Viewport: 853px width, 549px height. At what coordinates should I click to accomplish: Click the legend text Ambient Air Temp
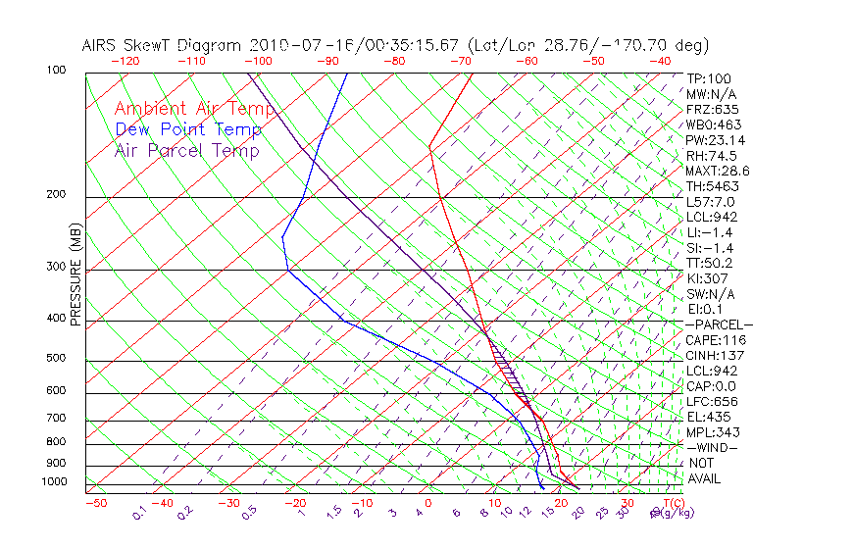pos(194,109)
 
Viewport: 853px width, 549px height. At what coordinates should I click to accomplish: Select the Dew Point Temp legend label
pos(188,129)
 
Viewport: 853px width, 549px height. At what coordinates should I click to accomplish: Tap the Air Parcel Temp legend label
pos(186,150)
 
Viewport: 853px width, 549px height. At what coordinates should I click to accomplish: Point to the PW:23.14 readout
pos(715,140)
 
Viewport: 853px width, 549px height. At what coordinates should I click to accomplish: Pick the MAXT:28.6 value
pos(718,171)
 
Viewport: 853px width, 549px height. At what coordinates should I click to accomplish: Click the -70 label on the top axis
pos(460,61)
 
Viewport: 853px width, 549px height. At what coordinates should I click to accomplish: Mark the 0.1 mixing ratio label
pos(140,513)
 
